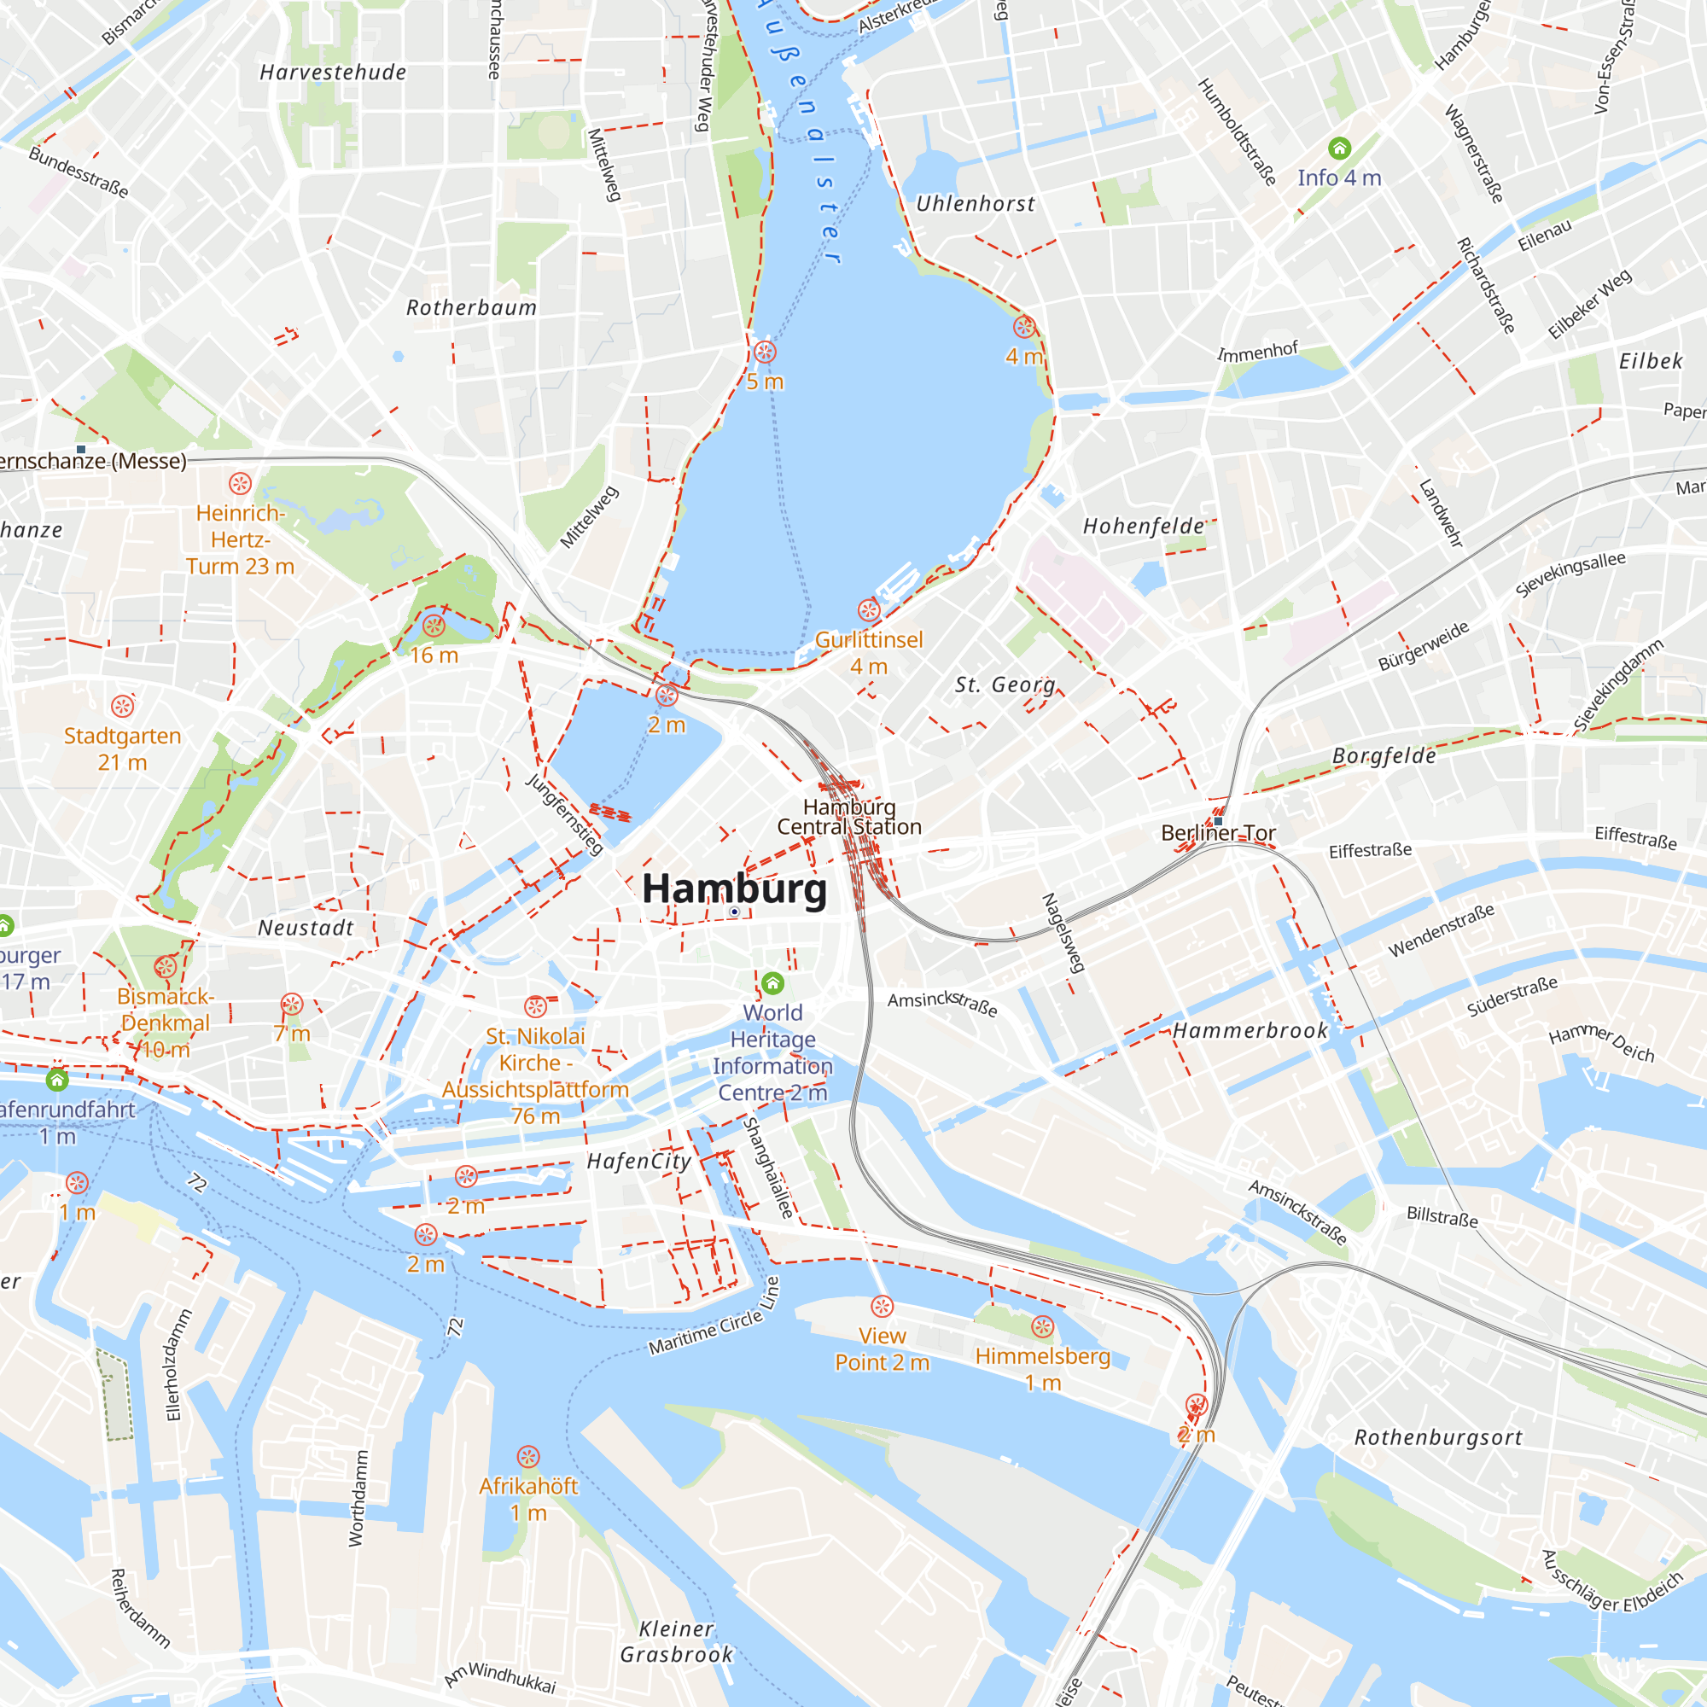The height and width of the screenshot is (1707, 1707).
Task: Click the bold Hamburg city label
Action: click(x=734, y=888)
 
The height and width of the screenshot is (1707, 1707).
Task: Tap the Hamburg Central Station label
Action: click(x=849, y=818)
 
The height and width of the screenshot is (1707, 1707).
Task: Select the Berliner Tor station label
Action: click(x=1218, y=833)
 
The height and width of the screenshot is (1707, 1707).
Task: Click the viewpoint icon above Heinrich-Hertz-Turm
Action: click(x=241, y=483)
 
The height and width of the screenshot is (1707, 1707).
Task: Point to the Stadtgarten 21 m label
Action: click(x=122, y=749)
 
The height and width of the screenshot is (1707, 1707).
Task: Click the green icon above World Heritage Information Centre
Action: click(x=773, y=983)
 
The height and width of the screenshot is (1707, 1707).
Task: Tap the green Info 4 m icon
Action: click(x=1339, y=149)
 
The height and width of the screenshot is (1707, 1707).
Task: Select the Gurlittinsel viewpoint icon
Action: click(x=870, y=609)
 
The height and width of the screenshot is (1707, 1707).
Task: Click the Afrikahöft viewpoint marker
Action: click(x=528, y=1457)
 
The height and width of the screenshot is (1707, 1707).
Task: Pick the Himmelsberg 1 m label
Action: click(x=1043, y=1369)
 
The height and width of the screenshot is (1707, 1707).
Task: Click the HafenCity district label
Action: click(x=638, y=1161)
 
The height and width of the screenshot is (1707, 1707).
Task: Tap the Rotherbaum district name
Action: click(x=471, y=307)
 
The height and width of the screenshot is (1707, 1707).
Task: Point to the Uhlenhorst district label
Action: click(x=976, y=204)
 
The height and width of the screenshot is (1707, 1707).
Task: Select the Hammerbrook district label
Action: click(x=1250, y=1030)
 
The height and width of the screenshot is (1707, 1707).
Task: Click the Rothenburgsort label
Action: click(x=1438, y=1437)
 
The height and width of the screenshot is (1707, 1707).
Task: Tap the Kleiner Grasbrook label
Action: click(x=677, y=1641)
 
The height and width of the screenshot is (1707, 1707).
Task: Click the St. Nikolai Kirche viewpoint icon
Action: click(x=535, y=1006)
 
